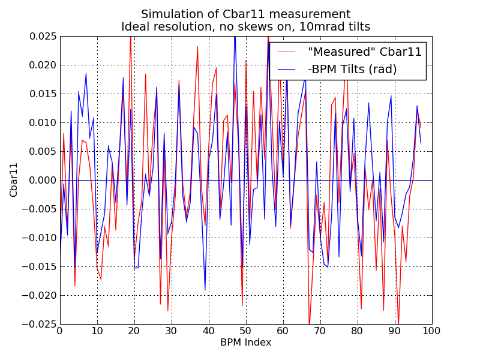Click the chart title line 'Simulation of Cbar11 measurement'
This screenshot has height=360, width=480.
click(245, 14)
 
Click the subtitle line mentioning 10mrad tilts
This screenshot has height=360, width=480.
click(245, 26)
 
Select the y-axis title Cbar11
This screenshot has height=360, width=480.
click(14, 180)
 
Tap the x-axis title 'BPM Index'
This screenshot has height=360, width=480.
click(245, 343)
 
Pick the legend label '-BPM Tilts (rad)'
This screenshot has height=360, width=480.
click(348, 69)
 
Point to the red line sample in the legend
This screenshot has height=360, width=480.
click(287, 52)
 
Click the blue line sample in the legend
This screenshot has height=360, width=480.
click(287, 69)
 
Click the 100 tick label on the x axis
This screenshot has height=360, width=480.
click(431, 331)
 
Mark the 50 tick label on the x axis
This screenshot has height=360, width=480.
click(245, 331)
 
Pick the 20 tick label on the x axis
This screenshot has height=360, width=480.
click(134, 331)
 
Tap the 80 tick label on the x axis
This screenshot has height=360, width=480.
click(357, 331)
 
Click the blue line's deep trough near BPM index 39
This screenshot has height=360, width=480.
click(205, 290)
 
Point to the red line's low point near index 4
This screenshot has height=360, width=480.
click(75, 286)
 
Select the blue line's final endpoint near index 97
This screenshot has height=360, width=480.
click(421, 143)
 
